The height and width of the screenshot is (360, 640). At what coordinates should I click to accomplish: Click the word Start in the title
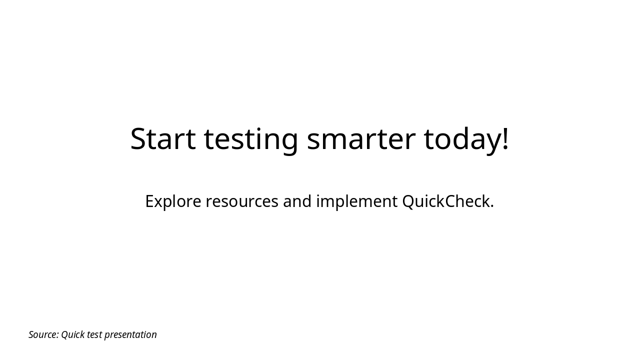click(x=162, y=138)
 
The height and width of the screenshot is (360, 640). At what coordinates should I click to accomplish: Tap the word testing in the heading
click(x=251, y=138)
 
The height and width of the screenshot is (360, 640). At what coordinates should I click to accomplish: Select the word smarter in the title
click(x=361, y=138)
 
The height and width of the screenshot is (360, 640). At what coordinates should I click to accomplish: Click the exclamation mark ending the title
click(x=505, y=137)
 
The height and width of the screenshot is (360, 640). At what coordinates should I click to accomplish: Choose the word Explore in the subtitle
click(x=173, y=201)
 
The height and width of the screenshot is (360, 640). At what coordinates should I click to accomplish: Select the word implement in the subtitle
click(x=356, y=201)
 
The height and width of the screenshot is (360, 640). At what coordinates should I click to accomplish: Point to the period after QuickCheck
click(x=492, y=207)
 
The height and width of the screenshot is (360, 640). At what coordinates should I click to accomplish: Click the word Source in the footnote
click(x=42, y=334)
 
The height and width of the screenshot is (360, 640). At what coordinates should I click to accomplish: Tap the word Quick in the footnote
click(x=72, y=334)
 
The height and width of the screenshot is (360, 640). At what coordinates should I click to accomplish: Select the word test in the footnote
click(x=94, y=334)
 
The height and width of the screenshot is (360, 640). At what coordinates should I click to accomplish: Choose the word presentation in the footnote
click(x=130, y=334)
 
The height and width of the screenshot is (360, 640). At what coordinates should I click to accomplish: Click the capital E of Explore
click(x=149, y=201)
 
